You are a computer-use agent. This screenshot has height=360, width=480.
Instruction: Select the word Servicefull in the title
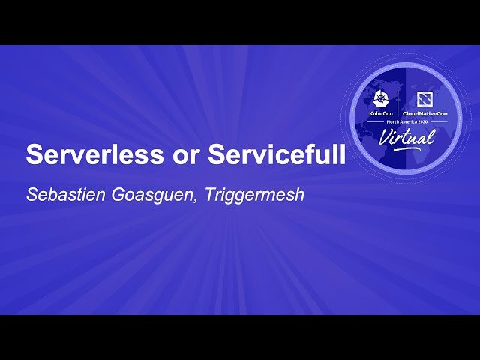(x=277, y=155)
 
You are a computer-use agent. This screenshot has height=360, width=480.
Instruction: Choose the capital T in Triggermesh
(x=209, y=194)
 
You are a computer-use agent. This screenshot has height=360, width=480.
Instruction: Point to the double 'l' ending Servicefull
(x=340, y=154)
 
